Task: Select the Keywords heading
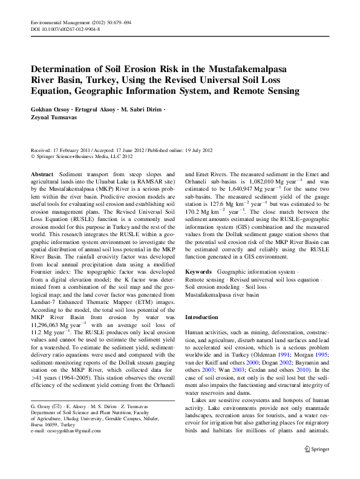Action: [198, 272]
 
